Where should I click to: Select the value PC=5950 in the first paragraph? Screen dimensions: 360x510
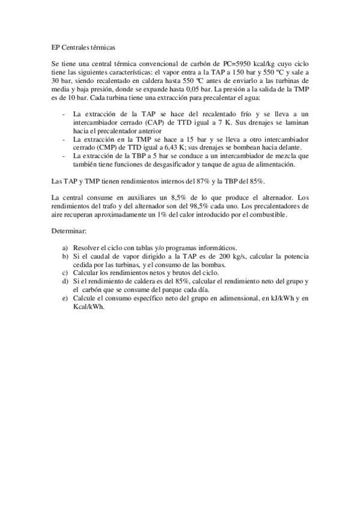(236, 63)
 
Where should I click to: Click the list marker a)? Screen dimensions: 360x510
(64, 247)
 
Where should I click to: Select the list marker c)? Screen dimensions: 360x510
(64, 272)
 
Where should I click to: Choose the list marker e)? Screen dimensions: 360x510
(64, 298)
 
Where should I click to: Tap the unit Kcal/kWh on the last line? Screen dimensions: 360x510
(88, 306)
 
